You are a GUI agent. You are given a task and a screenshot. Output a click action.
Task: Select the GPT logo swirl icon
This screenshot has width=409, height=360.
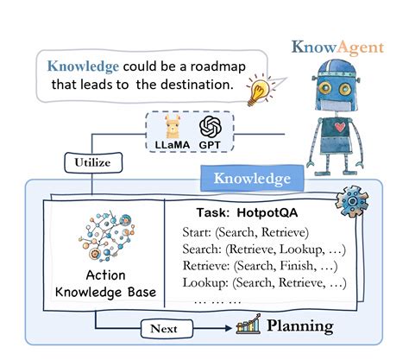211,129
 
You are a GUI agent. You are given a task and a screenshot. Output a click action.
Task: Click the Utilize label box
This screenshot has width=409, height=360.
92,161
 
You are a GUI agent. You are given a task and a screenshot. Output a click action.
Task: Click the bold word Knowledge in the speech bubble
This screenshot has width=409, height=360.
83,66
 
